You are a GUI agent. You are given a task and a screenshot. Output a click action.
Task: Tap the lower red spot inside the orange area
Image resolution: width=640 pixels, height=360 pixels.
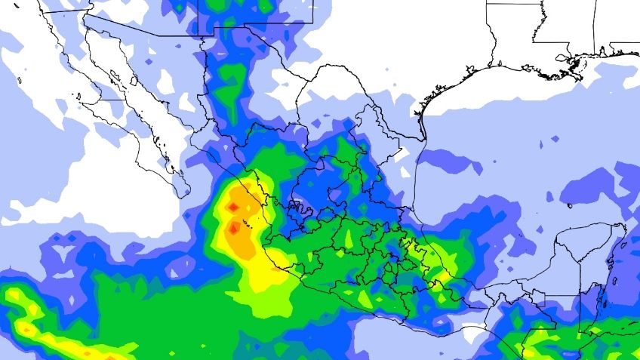point(235,226)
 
